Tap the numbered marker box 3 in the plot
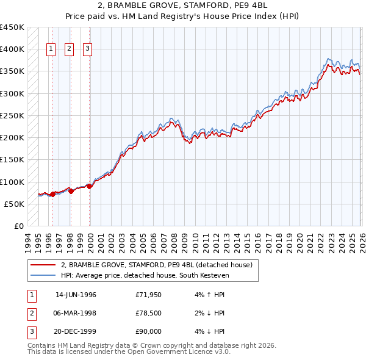click(87, 49)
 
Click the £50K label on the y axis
click(15, 204)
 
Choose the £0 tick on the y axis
click(18, 226)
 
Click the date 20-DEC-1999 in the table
click(76, 331)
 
